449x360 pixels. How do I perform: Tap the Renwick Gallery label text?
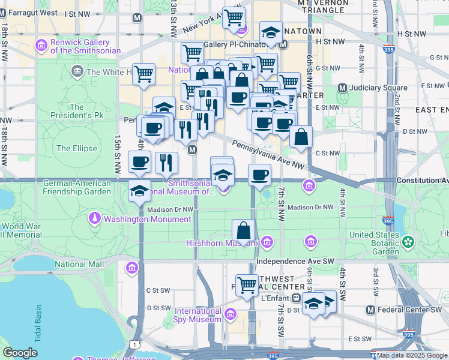point(80,47)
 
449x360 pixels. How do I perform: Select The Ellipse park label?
point(76,148)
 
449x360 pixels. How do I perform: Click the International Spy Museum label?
point(198,316)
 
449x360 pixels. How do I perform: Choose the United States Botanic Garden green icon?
point(408,242)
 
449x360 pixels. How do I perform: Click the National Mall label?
point(79,264)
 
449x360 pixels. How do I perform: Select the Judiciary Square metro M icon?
point(344,88)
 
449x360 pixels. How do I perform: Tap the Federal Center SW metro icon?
point(370,310)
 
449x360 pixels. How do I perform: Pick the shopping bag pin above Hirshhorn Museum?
point(244,231)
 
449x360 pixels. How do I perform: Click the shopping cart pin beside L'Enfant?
point(247,286)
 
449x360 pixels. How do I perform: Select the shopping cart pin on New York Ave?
point(234,17)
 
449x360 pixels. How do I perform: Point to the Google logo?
point(20,353)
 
